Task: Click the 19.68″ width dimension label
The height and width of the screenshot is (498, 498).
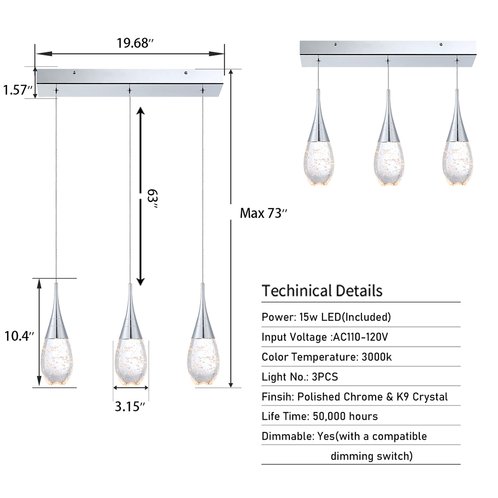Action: click(x=135, y=43)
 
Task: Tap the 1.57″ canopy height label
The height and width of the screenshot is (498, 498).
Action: click(x=17, y=89)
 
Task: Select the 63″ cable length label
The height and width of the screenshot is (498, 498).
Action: click(x=151, y=196)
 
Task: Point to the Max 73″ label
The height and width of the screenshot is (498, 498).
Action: click(x=264, y=213)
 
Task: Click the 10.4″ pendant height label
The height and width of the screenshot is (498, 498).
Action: click(x=18, y=337)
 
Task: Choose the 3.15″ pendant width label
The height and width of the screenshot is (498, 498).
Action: click(x=129, y=407)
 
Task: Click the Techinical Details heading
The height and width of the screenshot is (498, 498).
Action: click(x=322, y=290)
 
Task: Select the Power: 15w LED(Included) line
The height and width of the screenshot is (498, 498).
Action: click(x=326, y=317)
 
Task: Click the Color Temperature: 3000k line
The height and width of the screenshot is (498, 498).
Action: click(x=327, y=357)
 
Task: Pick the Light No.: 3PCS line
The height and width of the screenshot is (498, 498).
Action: click(x=300, y=377)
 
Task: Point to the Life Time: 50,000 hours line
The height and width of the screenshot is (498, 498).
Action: click(x=320, y=416)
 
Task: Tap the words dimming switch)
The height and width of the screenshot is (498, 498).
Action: click(x=371, y=456)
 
